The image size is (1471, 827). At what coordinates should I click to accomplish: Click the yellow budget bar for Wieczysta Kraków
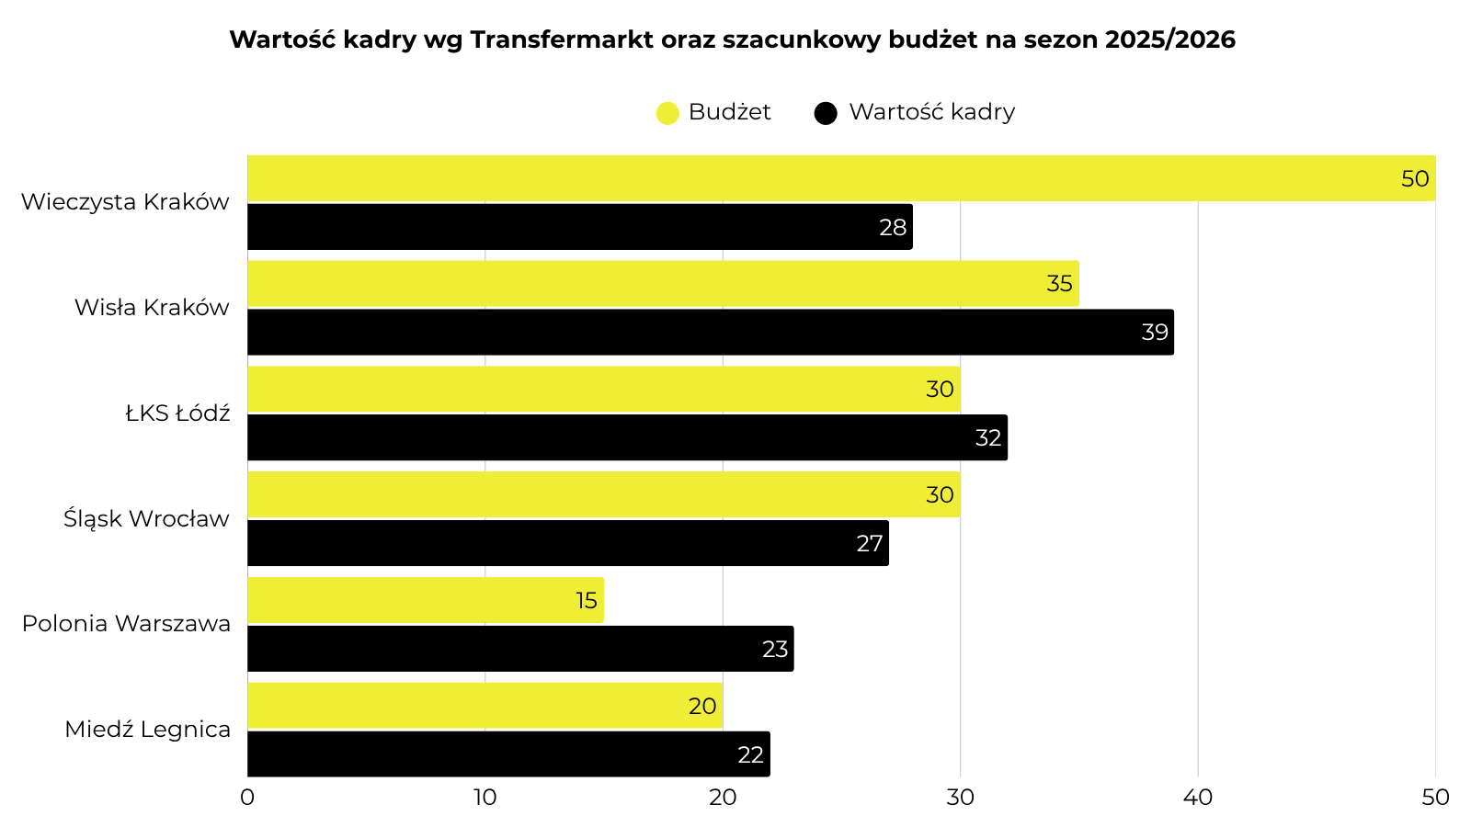pyautogui.click(x=827, y=178)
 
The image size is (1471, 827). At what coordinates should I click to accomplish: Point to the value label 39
pyautogui.click(x=1155, y=333)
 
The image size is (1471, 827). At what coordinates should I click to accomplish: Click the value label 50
pyautogui.click(x=1415, y=179)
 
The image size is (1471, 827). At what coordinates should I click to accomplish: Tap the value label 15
pyautogui.click(x=587, y=601)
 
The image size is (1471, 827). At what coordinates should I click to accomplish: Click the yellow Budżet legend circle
pyautogui.click(x=667, y=113)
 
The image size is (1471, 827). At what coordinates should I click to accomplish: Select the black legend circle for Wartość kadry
pyautogui.click(x=826, y=113)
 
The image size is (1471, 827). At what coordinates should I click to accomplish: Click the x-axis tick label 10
pyautogui.click(x=485, y=798)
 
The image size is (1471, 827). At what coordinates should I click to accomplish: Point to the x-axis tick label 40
pyautogui.click(x=1198, y=798)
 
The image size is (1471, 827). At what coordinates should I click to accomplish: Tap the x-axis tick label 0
pyautogui.click(x=247, y=798)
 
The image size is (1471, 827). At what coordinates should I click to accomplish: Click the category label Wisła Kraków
pyautogui.click(x=152, y=308)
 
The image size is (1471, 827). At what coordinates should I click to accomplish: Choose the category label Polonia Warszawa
pyautogui.click(x=126, y=624)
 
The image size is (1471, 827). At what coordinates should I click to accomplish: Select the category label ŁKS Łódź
pyautogui.click(x=177, y=413)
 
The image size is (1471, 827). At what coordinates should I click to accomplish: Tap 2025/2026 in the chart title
pyautogui.click(x=1169, y=40)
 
